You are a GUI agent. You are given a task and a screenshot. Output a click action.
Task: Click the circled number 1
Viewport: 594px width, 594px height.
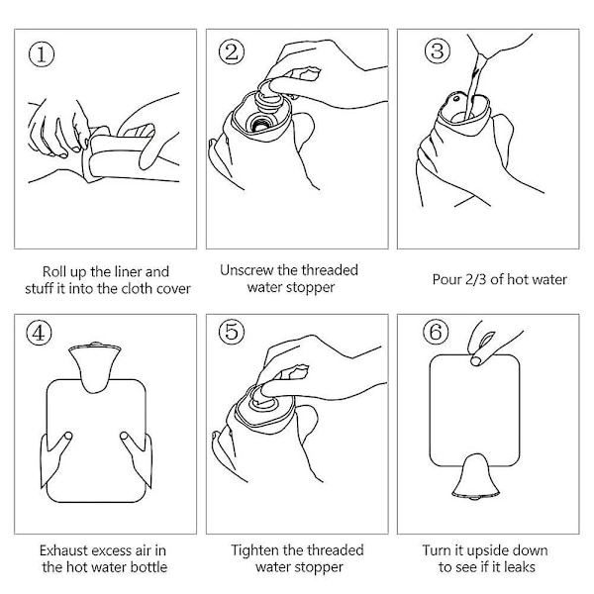click(42, 54)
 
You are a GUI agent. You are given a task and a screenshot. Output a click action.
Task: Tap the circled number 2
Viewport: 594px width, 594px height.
click(232, 51)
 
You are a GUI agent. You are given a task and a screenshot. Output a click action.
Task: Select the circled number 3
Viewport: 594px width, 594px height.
click(438, 51)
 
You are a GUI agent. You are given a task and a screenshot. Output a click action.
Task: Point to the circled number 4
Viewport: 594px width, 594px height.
click(39, 333)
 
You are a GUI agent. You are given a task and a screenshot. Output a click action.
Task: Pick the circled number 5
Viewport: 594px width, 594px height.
click(232, 332)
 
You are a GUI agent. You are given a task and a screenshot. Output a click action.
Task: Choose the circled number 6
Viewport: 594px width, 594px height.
click(436, 332)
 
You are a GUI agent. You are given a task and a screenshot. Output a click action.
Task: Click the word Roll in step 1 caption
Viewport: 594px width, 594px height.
click(51, 271)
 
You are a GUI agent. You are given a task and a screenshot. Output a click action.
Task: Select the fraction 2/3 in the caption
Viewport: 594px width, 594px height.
click(476, 279)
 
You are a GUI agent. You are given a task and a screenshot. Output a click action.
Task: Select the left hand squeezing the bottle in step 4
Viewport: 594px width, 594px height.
click(55, 458)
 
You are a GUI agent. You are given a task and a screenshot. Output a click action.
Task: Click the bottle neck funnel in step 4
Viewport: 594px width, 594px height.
click(95, 366)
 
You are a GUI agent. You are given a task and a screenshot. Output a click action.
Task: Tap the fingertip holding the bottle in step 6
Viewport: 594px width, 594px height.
click(476, 360)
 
